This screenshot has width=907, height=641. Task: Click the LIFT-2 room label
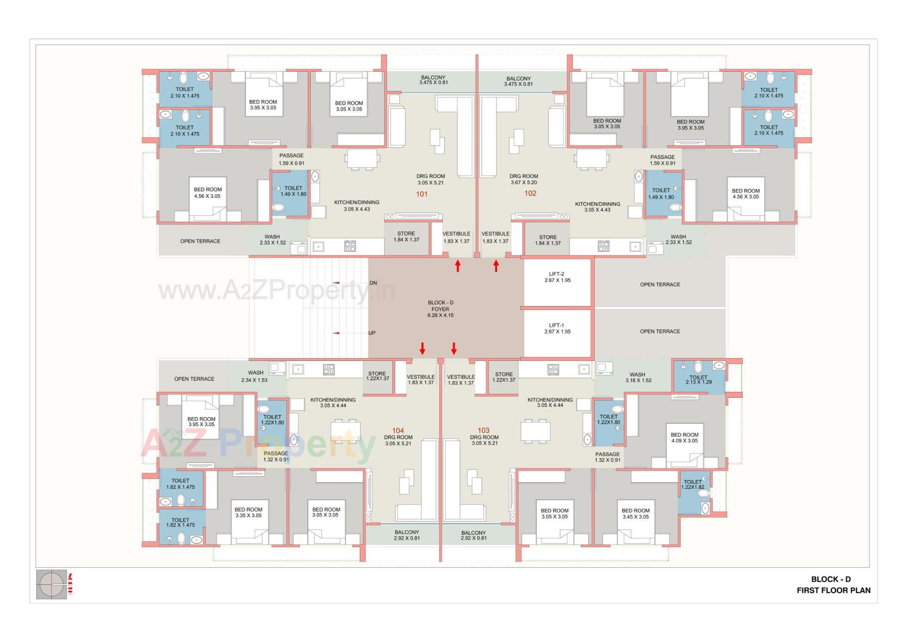tap(557, 277)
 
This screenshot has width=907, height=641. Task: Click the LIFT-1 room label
tap(557, 328)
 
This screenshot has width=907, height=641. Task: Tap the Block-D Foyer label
tap(440, 309)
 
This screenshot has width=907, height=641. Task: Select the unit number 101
tap(422, 194)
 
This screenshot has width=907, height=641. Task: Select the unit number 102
tap(530, 193)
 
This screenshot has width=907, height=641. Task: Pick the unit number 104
tap(398, 430)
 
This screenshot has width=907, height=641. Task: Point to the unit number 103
tap(483, 430)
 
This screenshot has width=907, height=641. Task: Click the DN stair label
tap(373, 283)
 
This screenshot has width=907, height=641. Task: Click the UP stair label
tap(372, 333)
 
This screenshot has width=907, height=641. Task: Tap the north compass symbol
tap(51, 584)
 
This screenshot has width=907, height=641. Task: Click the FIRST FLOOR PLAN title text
tap(833, 590)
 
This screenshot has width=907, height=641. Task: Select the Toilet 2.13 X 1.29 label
tap(698, 379)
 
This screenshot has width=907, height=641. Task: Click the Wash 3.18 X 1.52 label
tap(638, 377)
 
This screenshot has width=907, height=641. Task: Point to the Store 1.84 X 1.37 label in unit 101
tap(406, 237)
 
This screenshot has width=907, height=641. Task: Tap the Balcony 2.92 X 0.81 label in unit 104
tap(407, 535)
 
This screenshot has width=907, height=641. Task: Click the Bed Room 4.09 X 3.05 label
tap(684, 438)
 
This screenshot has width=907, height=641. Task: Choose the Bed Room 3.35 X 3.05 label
tap(248, 513)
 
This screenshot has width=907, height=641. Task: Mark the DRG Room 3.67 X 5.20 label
tap(523, 179)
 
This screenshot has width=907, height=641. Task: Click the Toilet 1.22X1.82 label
tap(693, 484)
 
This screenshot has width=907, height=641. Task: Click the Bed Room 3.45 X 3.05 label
tap(635, 513)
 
